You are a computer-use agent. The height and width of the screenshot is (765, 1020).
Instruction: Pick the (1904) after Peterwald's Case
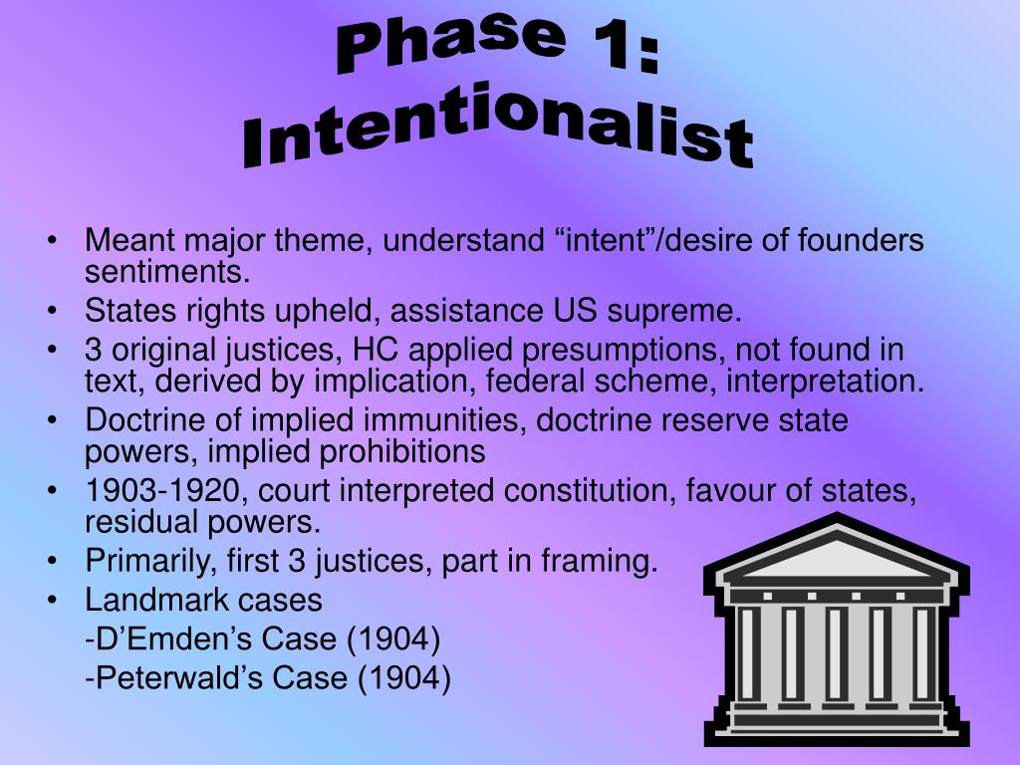(x=404, y=678)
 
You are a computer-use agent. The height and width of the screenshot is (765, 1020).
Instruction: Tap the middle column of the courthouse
(x=837, y=652)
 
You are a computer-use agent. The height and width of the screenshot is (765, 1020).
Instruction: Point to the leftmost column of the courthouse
(x=748, y=652)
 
